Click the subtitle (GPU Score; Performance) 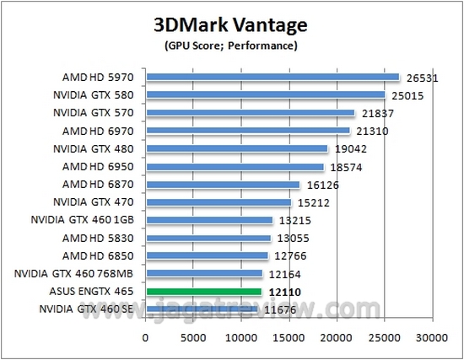231,44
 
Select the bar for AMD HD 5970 272,77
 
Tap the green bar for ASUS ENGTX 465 204,292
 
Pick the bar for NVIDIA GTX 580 266,94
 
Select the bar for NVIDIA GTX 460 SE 202,309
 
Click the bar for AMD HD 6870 223,185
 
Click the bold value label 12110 283,293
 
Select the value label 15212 312,203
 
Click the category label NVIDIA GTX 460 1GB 89,220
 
